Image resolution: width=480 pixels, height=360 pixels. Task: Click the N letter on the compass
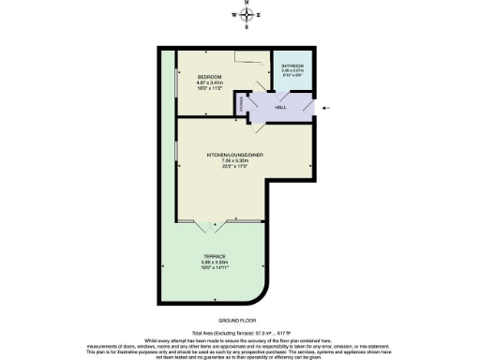click(247, 4)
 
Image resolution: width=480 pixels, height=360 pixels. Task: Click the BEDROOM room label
click(209, 76)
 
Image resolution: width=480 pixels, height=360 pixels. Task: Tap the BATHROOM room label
click(292, 65)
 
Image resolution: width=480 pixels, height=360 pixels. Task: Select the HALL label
click(279, 108)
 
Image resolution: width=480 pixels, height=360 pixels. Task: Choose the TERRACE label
click(214, 255)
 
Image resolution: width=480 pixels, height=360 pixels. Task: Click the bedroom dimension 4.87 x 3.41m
click(209, 82)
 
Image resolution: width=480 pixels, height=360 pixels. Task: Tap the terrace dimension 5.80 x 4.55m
click(214, 262)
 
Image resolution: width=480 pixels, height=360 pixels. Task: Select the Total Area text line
click(235, 334)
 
